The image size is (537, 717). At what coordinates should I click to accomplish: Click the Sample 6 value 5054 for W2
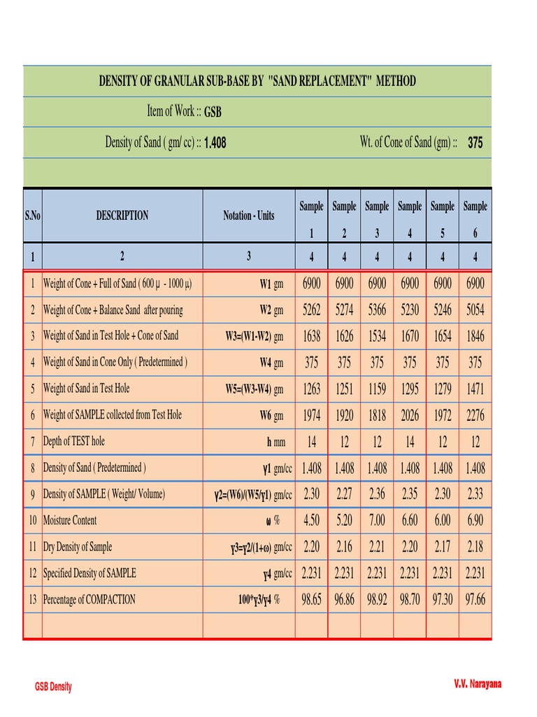[475, 309]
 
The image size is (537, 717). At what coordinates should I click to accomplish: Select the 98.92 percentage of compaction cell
[377, 599]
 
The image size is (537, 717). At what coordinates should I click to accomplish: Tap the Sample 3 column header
[377, 216]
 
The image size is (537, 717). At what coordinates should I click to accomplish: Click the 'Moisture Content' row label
[70, 520]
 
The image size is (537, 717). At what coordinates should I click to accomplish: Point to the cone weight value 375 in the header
[475, 143]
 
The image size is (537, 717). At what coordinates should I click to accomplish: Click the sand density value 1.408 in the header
[215, 144]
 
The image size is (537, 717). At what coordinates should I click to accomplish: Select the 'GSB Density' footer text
[53, 687]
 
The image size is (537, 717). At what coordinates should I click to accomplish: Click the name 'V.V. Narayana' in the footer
[478, 684]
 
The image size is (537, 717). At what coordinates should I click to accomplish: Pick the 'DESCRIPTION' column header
[122, 216]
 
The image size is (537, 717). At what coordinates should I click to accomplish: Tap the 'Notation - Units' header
[249, 216]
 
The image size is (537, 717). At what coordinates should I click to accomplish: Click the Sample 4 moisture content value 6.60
[410, 520]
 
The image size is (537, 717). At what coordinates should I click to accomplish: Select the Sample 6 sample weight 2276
[475, 415]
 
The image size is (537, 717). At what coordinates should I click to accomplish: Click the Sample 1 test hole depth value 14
[311, 442]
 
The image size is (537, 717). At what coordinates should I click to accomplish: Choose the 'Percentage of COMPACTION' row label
[89, 599]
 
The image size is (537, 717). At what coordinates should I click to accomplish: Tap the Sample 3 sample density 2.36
[377, 494]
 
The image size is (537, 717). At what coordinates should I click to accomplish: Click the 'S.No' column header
[33, 216]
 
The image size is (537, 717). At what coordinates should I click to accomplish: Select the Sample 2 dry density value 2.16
[344, 547]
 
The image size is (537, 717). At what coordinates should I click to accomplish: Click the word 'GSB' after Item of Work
[213, 112]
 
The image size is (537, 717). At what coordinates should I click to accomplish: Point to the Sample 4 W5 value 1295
[410, 389]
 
